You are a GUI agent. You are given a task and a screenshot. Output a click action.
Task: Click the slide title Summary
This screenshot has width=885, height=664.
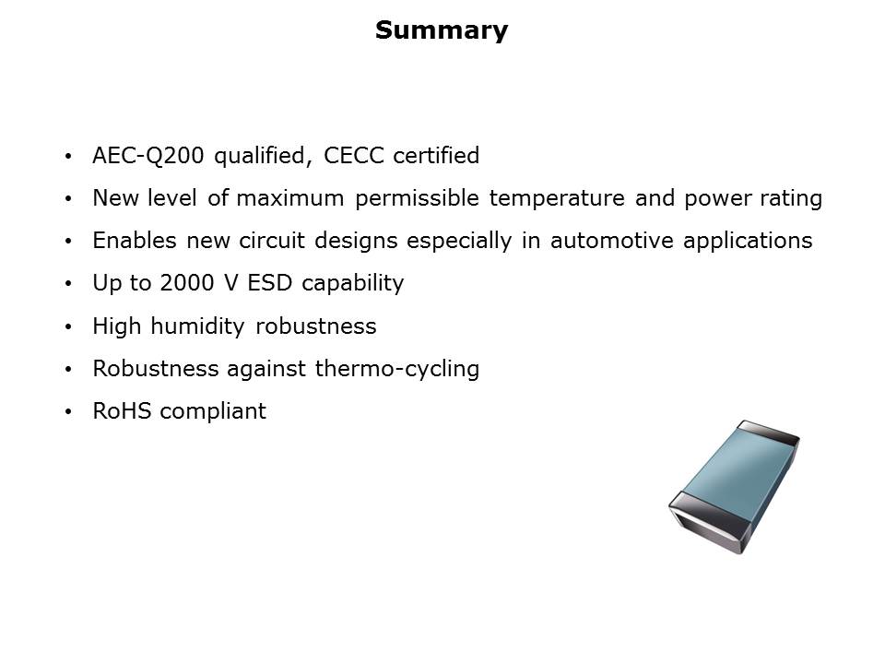(x=442, y=30)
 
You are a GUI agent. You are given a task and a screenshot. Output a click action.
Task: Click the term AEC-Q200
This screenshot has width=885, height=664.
(x=147, y=155)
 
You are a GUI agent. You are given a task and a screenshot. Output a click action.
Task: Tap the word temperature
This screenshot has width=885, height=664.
(x=557, y=198)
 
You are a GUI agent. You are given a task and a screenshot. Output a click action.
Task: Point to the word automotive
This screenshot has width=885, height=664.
(x=612, y=241)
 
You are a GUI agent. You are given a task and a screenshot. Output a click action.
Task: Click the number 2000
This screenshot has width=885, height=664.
(x=187, y=283)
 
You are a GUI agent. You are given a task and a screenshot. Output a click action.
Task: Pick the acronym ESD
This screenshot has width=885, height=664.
(x=270, y=283)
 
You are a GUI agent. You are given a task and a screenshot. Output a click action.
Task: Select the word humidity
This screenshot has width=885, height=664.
(x=197, y=326)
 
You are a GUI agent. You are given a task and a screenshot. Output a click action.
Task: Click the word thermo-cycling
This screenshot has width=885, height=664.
(x=397, y=369)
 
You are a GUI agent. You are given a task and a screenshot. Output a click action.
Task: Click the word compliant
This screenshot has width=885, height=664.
(x=213, y=411)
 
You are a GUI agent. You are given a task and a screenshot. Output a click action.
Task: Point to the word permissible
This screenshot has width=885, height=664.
(x=417, y=198)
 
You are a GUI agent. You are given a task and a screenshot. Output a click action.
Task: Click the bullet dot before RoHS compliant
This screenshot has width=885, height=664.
(x=68, y=412)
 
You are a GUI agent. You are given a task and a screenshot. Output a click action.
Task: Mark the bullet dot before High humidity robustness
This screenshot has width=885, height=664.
(x=68, y=326)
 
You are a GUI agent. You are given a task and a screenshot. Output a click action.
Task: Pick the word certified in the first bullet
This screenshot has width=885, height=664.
(x=436, y=155)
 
